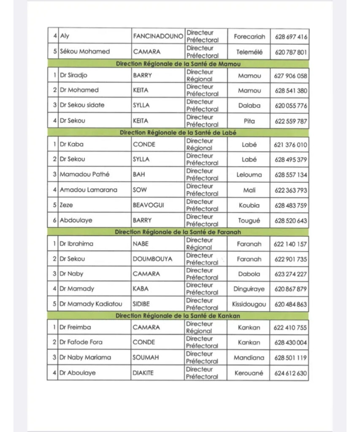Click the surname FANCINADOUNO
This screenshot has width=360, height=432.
pyautogui.click(x=158, y=36)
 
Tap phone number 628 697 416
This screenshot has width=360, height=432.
pyautogui.click(x=291, y=37)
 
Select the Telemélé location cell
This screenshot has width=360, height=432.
pyautogui.click(x=249, y=52)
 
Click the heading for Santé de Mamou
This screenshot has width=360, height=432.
pyautogui.click(x=177, y=64)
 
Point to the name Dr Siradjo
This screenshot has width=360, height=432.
pyautogui.click(x=77, y=76)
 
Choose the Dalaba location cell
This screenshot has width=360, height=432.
pyautogui.click(x=249, y=105)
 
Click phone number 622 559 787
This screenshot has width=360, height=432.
pyautogui.click(x=291, y=121)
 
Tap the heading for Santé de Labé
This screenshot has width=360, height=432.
pyautogui.click(x=177, y=132)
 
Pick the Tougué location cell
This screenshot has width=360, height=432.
pyautogui.click(x=249, y=221)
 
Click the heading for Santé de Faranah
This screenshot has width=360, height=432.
pyautogui.click(x=177, y=232)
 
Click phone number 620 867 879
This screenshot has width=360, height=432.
pyautogui.click(x=291, y=289)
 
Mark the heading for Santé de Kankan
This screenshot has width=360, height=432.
pyautogui.click(x=177, y=315)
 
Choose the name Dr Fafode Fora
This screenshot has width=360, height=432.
pyautogui.click(x=81, y=342)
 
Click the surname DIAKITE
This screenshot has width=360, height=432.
pyautogui.click(x=144, y=373)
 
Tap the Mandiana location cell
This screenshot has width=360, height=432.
pyautogui.click(x=249, y=358)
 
